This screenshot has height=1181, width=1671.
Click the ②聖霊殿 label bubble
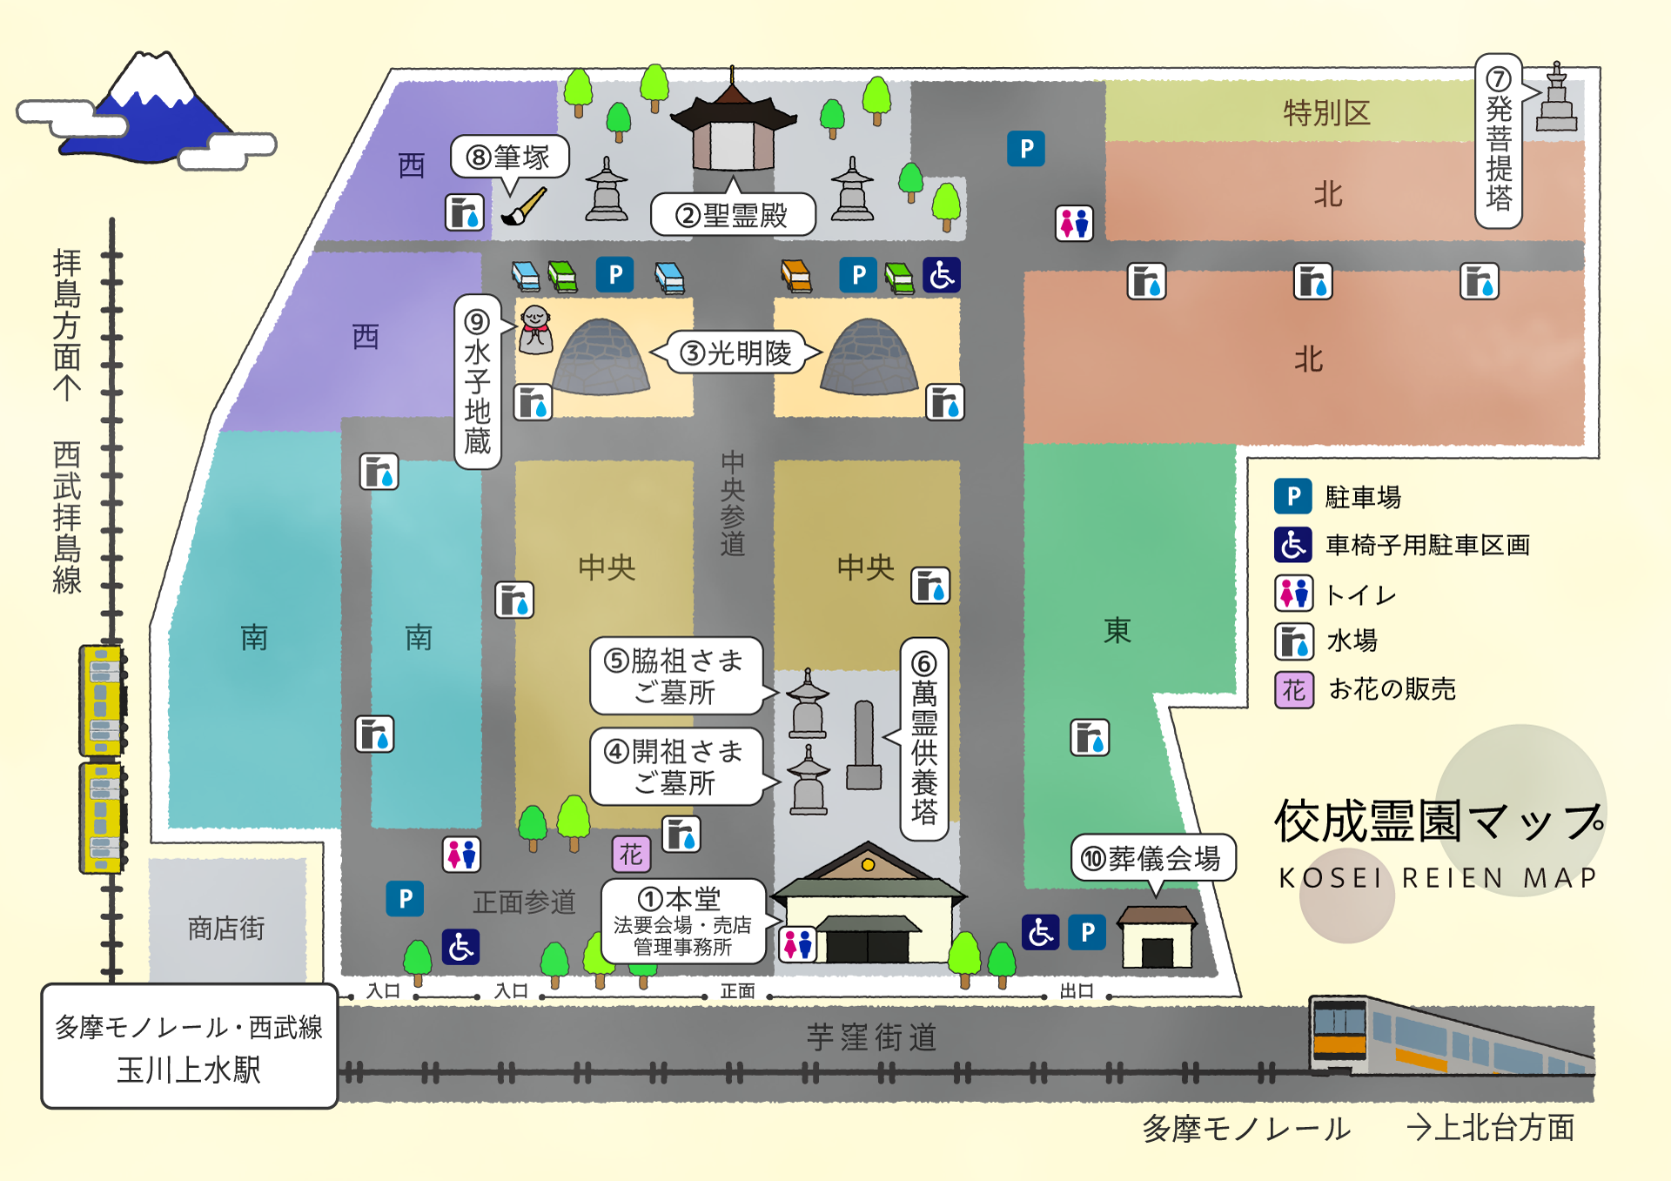733,215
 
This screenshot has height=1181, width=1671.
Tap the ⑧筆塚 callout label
510,158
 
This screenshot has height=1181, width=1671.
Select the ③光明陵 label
736,352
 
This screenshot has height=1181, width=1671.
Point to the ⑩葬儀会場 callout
1152,859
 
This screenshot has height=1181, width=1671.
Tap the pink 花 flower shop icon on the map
631,854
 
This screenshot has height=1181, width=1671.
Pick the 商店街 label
226,929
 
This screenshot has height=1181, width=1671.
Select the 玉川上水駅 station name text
189,1070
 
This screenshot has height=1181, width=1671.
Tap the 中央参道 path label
733,503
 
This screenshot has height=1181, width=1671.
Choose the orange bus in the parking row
796,275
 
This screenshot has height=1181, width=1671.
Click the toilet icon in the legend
1293,594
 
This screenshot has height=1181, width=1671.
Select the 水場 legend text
1352,641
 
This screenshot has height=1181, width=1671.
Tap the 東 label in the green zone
1117,630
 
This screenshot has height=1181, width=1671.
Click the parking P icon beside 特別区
1026,149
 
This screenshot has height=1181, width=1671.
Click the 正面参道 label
524,903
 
